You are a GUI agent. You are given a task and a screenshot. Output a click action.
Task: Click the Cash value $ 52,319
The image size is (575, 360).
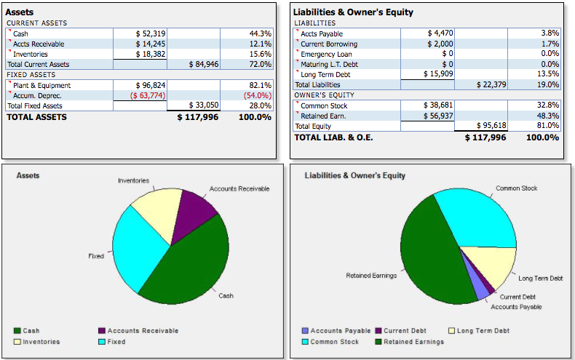tap(151, 33)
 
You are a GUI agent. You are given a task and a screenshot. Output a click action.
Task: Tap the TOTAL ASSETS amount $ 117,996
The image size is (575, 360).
tap(199, 117)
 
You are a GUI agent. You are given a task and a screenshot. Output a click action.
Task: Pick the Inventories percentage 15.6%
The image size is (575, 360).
tap(260, 54)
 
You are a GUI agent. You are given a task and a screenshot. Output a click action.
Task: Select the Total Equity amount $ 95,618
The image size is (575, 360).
tap(491, 126)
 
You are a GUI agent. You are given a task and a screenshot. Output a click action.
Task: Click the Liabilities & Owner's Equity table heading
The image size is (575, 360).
tap(353, 12)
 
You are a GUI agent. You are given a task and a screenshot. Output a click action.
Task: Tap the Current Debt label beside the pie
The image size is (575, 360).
tap(517, 297)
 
